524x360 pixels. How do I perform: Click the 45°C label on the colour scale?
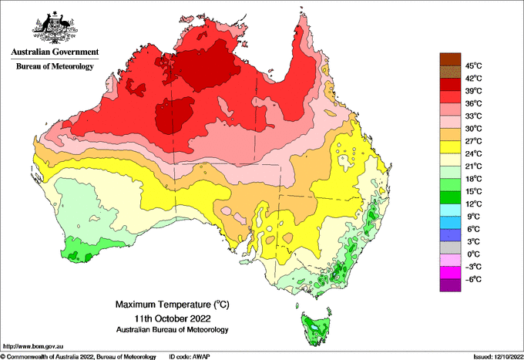tap(474, 66)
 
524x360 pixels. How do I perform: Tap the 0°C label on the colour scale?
tap(474, 254)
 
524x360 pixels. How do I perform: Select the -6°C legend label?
tap(474, 279)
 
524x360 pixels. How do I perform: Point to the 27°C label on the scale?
tap(474, 141)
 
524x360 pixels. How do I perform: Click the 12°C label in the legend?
tap(474, 204)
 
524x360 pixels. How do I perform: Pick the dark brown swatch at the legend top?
tap(450, 59)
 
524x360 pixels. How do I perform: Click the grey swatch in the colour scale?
tap(450, 247)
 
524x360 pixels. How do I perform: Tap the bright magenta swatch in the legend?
tap(450, 273)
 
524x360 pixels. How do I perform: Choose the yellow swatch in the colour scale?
tap(450, 147)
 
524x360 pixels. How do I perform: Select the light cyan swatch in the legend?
tap(450, 210)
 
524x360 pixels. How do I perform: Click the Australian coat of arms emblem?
tap(55, 28)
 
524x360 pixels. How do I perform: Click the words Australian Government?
tap(55, 52)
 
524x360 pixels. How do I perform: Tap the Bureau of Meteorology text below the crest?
tap(55, 66)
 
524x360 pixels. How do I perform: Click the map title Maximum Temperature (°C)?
tap(173, 304)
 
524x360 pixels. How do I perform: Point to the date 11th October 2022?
tap(173, 318)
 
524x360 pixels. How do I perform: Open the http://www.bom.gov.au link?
tap(33, 346)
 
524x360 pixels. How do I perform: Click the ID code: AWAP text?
tap(190, 357)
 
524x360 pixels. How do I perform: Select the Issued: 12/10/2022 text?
tap(498, 357)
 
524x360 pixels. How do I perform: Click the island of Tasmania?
tap(317, 328)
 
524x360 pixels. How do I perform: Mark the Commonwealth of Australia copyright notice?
tap(79, 357)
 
